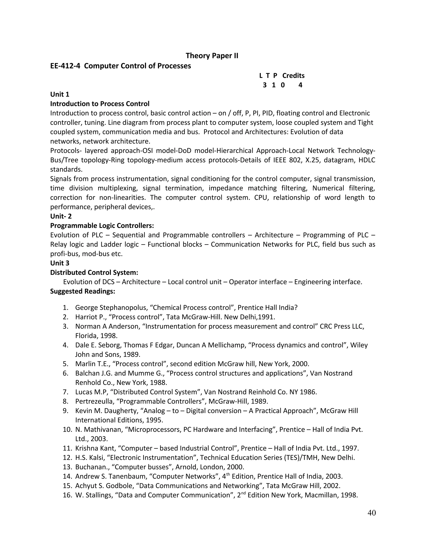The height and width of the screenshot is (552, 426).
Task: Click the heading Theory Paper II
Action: click(212, 56)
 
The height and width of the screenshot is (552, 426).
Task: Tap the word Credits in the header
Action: click(293, 76)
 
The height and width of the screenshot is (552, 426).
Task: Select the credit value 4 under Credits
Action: click(300, 85)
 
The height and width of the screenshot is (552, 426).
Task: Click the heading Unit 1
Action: click(59, 94)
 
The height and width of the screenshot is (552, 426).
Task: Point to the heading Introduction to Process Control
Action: click(100, 104)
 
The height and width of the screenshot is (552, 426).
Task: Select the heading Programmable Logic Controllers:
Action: click(102, 225)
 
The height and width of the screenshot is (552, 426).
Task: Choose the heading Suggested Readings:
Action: click(83, 291)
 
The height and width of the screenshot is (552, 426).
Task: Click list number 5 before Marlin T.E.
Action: click(66, 364)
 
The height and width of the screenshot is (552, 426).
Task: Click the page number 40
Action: click(372, 513)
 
